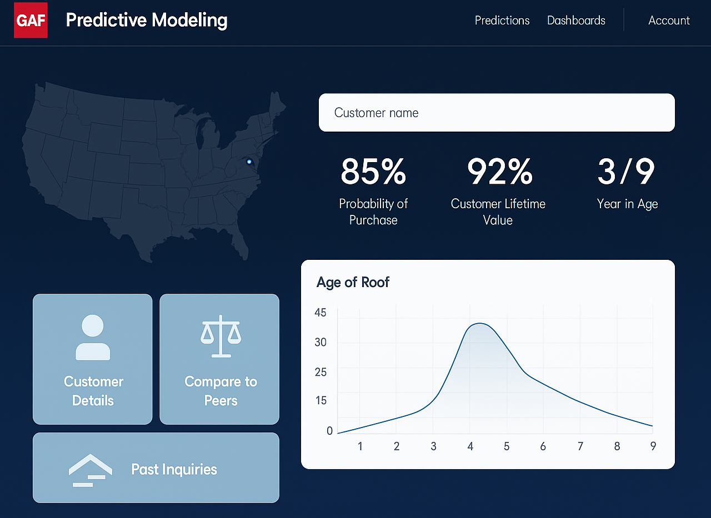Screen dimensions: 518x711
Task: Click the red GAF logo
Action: point(31,21)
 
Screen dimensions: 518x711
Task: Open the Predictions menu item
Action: point(502,21)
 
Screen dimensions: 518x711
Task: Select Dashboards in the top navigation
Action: point(576,21)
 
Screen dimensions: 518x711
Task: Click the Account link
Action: point(669,21)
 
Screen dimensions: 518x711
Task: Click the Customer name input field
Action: point(496,113)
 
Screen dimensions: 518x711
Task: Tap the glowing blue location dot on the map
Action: point(249,162)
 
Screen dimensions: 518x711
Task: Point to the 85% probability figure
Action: point(373,172)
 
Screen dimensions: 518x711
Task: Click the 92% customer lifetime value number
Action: point(499,172)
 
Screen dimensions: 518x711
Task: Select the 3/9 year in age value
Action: point(627,172)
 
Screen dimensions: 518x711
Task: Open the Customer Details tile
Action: point(93,359)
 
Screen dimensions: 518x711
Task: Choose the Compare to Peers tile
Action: point(219,359)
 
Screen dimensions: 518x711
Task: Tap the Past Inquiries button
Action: point(156,468)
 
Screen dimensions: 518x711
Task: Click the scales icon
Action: point(221,335)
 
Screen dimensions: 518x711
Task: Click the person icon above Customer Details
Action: point(93,337)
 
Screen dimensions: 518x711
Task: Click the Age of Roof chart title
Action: point(353,282)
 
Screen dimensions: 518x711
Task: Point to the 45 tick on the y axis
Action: point(321,313)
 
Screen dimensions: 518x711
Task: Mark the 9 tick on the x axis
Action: point(653,446)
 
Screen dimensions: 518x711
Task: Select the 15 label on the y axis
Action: point(321,400)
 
